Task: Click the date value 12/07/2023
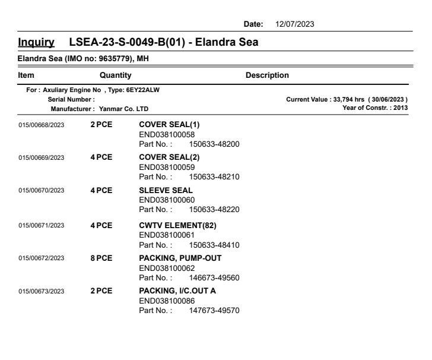(295, 24)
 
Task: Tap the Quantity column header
(115, 75)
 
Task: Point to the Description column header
(267, 75)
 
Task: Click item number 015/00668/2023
(42, 125)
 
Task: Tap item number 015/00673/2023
(42, 291)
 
